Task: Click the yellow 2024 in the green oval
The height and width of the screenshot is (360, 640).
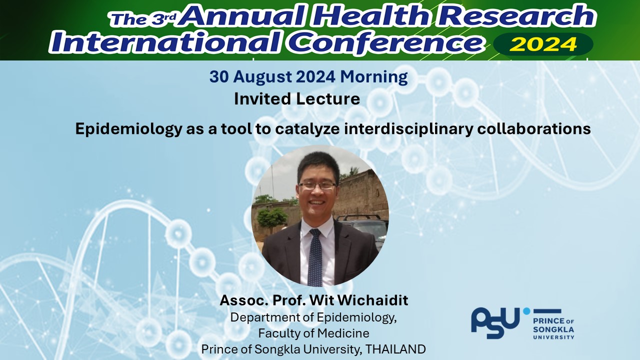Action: [x=543, y=44]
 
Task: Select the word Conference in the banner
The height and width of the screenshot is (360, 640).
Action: [x=385, y=42]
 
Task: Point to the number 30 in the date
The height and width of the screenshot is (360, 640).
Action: [x=219, y=76]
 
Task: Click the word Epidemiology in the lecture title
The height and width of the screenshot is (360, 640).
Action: [x=128, y=129]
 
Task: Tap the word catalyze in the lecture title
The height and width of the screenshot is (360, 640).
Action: [x=307, y=129]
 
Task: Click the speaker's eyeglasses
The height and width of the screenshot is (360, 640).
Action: [x=317, y=185]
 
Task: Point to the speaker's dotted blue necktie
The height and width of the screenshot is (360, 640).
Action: [x=315, y=257]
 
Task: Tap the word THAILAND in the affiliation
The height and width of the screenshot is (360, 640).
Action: [x=395, y=349]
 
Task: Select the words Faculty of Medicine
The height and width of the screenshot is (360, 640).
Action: [x=313, y=333]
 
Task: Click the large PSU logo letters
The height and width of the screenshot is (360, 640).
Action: [x=495, y=323]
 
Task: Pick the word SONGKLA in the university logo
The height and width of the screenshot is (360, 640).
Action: [x=553, y=329]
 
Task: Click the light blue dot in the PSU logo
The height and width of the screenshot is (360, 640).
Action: [x=526, y=311]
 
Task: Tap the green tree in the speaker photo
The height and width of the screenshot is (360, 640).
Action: [x=271, y=217]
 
